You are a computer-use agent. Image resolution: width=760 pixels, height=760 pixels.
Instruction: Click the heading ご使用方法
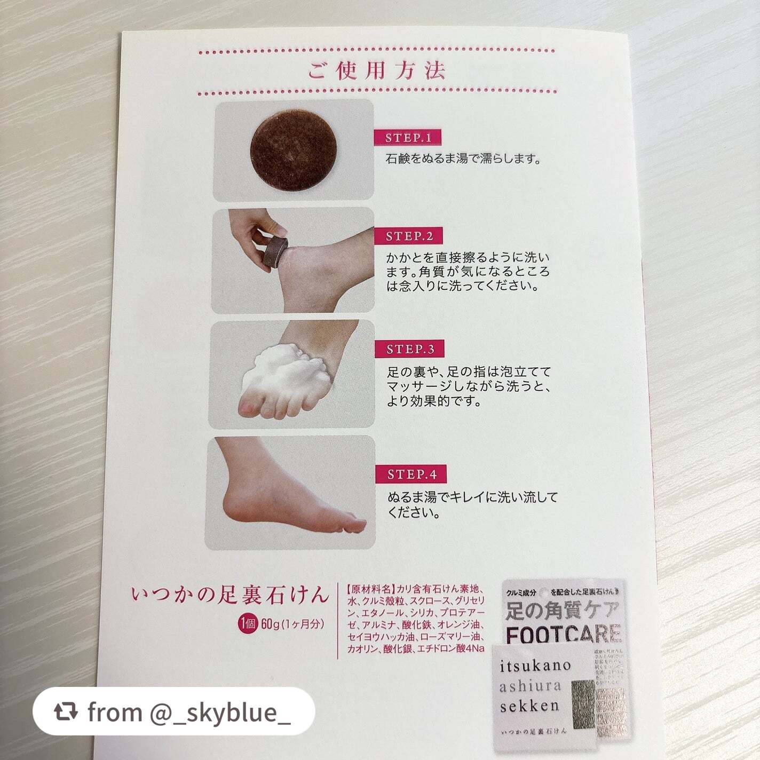tap(376, 71)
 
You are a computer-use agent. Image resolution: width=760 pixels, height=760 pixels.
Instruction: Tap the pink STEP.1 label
tap(408, 138)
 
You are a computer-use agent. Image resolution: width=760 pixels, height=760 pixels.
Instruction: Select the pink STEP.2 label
tap(409, 236)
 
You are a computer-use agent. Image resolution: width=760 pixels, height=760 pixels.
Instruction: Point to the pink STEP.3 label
tap(410, 350)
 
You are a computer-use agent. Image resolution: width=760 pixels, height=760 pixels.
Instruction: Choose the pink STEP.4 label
tap(412, 474)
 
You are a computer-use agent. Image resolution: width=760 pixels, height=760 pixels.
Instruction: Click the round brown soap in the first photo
tap(294, 152)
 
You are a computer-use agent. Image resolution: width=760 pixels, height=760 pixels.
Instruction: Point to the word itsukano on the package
tap(535, 667)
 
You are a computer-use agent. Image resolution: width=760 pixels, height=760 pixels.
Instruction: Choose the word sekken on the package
tap(529, 706)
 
